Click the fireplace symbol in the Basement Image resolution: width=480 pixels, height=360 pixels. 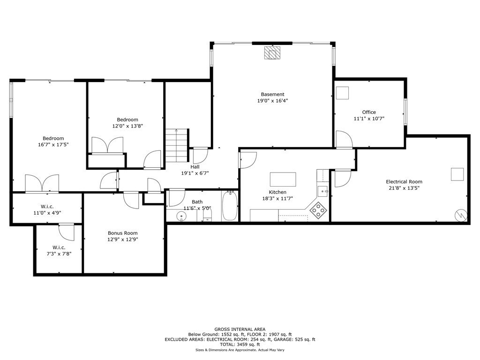[x=271, y=52]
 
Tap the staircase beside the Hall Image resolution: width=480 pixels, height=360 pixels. [x=176, y=145]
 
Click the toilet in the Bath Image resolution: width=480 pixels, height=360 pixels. [x=208, y=215]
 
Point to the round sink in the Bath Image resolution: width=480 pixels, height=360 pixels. [x=182, y=216]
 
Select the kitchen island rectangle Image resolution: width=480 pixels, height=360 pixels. [x=283, y=180]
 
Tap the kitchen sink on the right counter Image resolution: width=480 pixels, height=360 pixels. [x=322, y=191]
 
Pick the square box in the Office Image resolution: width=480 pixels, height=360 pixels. [x=342, y=93]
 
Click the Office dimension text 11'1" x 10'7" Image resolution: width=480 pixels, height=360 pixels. [x=369, y=119]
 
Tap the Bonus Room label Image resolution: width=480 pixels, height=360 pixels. [x=123, y=233]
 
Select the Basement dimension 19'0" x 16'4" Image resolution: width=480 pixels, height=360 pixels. [x=272, y=101]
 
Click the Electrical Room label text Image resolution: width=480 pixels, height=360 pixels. [x=404, y=182]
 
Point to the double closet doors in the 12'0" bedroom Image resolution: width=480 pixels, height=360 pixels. [x=107, y=145]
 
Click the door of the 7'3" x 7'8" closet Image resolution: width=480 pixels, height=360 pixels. [x=67, y=232]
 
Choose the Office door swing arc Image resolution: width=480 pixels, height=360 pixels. [x=345, y=139]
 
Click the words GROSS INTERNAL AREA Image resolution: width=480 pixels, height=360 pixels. [x=240, y=329]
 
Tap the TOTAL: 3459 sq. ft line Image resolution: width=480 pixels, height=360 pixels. [x=240, y=345]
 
